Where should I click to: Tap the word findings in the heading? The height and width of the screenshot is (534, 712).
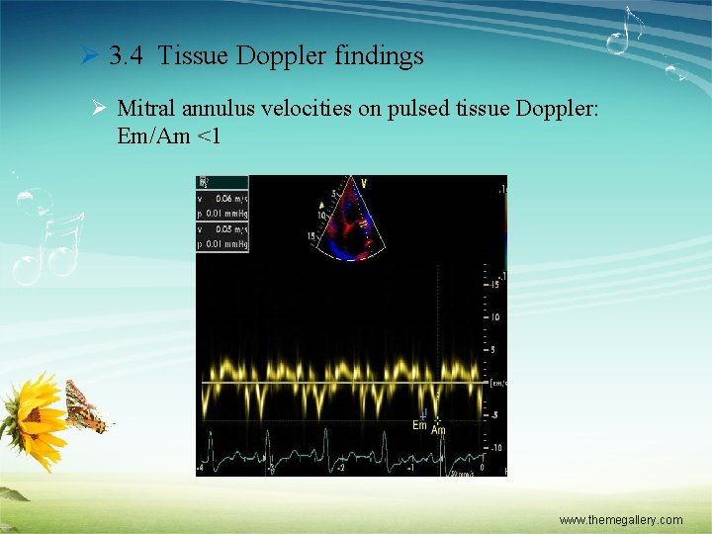click(381, 56)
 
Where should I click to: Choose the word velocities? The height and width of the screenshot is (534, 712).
click(309, 109)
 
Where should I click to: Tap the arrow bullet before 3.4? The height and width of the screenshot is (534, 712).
click(87, 57)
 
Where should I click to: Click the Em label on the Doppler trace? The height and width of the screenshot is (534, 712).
click(419, 425)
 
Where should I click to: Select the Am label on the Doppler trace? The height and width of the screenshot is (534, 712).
click(438, 430)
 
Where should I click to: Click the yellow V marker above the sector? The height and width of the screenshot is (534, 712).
click(363, 182)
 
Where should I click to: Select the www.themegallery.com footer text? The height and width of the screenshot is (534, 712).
click(620, 519)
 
